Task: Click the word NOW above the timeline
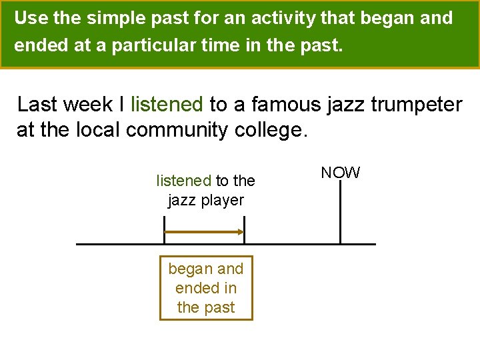tap(340, 173)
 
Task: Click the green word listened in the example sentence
tap(167, 105)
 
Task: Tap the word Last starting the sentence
tap(37, 105)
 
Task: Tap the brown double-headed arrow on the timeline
tap(204, 232)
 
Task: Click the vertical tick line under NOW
tap(340, 213)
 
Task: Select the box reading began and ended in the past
tap(206, 288)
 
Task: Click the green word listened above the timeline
tap(183, 181)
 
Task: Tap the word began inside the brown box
tap(191, 269)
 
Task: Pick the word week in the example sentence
tap(87, 105)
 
